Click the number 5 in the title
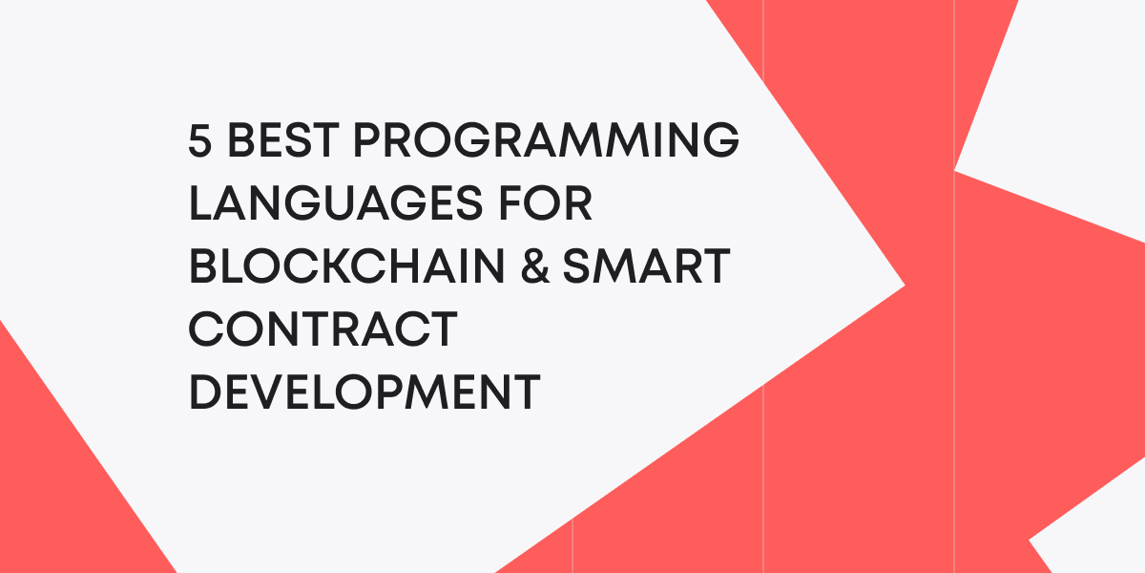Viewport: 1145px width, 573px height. tap(200, 142)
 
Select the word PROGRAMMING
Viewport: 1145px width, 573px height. tap(546, 142)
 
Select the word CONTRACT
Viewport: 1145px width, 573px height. tap(322, 329)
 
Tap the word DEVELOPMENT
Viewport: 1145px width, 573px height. tap(364, 392)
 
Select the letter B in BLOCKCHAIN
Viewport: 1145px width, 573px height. tap(203, 266)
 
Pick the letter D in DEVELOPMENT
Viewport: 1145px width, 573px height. tap(204, 392)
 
